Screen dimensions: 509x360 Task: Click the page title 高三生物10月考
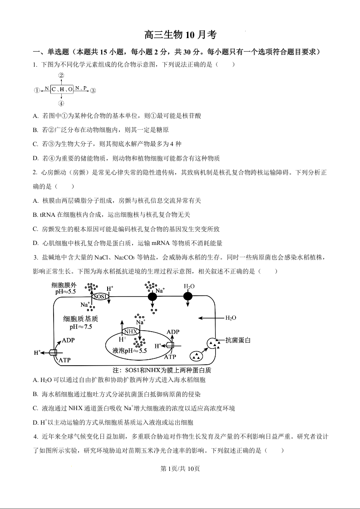[180, 35]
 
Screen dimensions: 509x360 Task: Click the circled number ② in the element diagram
[61, 75]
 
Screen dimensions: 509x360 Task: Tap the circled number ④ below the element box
[61, 103]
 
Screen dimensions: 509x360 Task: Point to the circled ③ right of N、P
[93, 90]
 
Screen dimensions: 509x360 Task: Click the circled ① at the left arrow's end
[37, 90]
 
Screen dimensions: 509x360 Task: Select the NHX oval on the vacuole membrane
[131, 332]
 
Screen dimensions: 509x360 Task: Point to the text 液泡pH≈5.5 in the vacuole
[130, 351]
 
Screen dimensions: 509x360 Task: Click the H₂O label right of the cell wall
[231, 318]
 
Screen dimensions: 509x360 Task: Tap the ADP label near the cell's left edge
[68, 340]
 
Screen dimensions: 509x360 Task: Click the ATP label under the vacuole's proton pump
[170, 357]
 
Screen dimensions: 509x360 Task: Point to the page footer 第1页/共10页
[180, 469]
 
